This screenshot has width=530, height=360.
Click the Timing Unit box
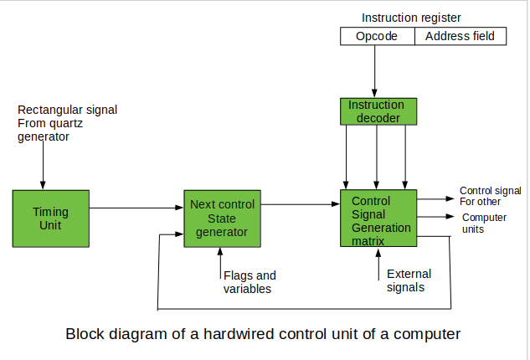point(51,219)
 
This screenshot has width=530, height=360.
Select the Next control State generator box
point(222,219)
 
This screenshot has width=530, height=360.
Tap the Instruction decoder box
point(378,111)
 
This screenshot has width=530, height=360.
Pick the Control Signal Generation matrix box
point(378,218)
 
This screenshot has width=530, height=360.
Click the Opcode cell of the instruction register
point(378,36)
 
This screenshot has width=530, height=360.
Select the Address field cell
point(461,36)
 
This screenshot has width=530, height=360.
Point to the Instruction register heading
point(411,18)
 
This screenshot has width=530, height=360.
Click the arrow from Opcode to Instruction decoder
point(374,71)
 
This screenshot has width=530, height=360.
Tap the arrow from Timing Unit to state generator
point(136,208)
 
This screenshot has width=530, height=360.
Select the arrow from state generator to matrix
point(301,204)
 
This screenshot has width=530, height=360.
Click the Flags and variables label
point(250,282)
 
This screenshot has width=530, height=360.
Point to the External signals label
point(409,280)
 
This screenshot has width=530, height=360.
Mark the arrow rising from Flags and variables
point(220,263)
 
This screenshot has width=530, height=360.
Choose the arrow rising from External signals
point(378,265)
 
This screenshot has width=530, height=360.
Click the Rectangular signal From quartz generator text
point(67,123)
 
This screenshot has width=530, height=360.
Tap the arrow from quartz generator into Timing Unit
point(43,165)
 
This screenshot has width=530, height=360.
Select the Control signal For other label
point(490,196)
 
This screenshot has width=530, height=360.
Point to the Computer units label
point(484,223)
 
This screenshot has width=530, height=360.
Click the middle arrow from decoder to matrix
point(377,157)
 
